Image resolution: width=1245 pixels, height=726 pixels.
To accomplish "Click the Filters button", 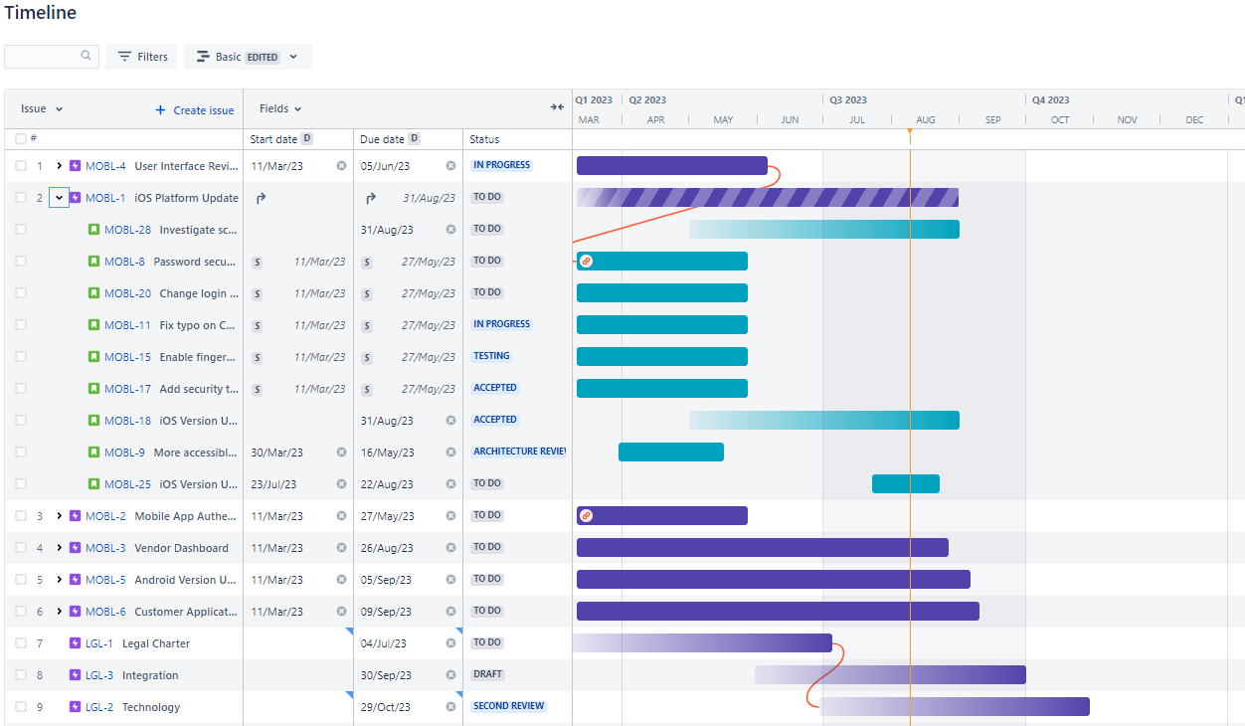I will [141, 57].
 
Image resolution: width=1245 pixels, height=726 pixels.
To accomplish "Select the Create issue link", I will [195, 110].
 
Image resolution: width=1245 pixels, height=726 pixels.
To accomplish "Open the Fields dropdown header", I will [279, 108].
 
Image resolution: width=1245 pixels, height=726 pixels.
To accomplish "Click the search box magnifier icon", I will [87, 57].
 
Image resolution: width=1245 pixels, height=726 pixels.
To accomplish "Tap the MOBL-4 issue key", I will [105, 166].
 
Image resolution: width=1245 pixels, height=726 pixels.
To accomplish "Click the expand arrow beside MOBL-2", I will [60, 516].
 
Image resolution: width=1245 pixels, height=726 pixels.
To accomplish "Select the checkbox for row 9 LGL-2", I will [21, 707].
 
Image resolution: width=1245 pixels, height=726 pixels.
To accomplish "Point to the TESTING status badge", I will [491, 356].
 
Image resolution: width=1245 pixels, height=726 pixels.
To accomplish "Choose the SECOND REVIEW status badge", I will [508, 706].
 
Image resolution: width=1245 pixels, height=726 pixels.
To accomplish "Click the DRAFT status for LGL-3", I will [487, 674].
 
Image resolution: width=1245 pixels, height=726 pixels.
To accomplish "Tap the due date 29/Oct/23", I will [385, 707].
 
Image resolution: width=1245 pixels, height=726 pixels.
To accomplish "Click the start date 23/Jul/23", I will [273, 484].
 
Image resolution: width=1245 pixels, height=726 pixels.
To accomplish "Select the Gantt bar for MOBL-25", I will [905, 484].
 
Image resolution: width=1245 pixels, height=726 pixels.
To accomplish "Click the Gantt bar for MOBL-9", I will [670, 453].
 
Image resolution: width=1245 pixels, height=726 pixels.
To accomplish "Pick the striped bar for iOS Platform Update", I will [767, 198].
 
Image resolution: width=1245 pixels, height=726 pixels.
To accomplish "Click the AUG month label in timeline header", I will [925, 120].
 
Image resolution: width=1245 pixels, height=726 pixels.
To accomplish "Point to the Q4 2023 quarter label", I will [1050, 100].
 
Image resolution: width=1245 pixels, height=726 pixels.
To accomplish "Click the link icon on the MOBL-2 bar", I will [586, 515].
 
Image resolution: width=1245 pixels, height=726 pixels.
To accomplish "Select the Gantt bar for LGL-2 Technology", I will [955, 707].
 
